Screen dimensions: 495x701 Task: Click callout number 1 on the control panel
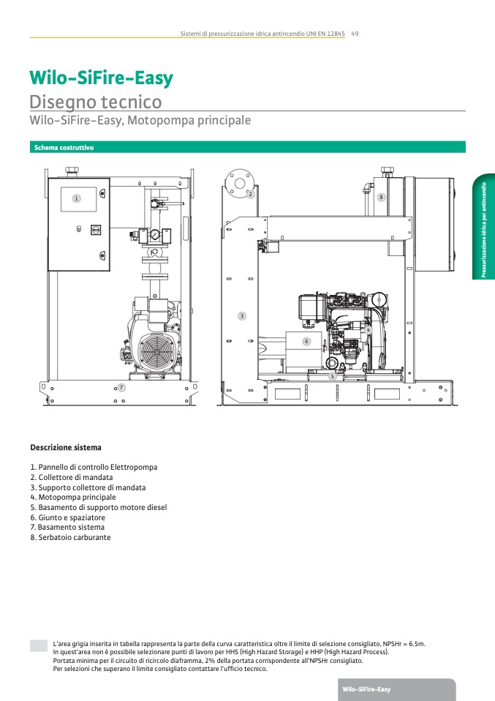coord(76,198)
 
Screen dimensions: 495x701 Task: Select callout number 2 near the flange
coord(250,194)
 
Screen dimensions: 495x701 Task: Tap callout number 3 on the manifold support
coord(242,316)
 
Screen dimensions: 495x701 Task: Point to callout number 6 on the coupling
coord(306,342)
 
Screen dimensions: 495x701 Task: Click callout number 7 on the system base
coord(121,387)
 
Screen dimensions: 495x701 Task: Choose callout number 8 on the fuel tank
coord(381,197)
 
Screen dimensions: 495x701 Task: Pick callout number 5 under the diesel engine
coord(333,376)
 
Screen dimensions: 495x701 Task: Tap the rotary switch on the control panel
coord(96,230)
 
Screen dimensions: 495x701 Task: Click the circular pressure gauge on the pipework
coord(155,234)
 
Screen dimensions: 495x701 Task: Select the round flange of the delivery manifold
coord(240,183)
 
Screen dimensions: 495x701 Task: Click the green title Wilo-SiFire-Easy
coord(102,78)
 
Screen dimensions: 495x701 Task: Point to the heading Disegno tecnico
coord(96,102)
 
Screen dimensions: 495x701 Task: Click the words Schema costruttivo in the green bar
coord(64,148)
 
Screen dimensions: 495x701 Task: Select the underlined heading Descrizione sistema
coord(66,447)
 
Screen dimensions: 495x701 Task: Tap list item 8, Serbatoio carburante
coord(71,537)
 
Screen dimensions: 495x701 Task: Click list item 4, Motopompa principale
coord(73,497)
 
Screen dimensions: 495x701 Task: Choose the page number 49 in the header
coord(355,34)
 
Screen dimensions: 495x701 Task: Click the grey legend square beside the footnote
coord(39,645)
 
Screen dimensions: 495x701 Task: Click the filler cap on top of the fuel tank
coord(387,171)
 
